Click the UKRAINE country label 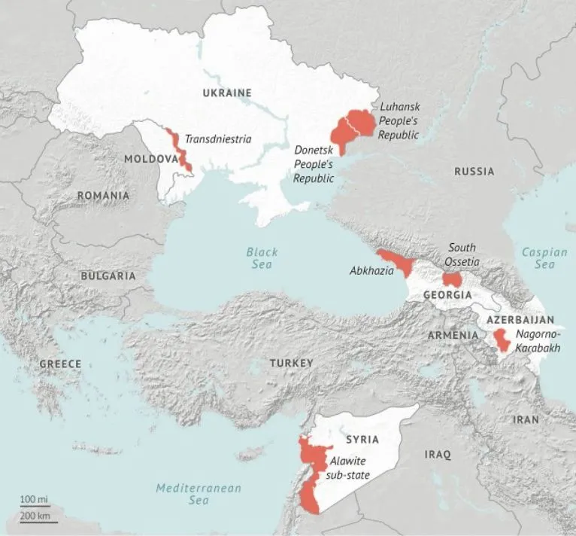tap(226, 93)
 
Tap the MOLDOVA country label tap(150, 160)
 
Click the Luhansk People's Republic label tap(399, 120)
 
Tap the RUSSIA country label tap(474, 172)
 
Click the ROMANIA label tap(103, 196)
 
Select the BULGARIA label tap(108, 276)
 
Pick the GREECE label tap(60, 364)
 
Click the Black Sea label tap(262, 258)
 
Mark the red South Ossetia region tap(452, 279)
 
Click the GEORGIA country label tap(447, 295)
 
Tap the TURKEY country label tap(291, 364)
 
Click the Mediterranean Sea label tap(199, 494)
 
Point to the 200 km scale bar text tap(35, 516)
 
